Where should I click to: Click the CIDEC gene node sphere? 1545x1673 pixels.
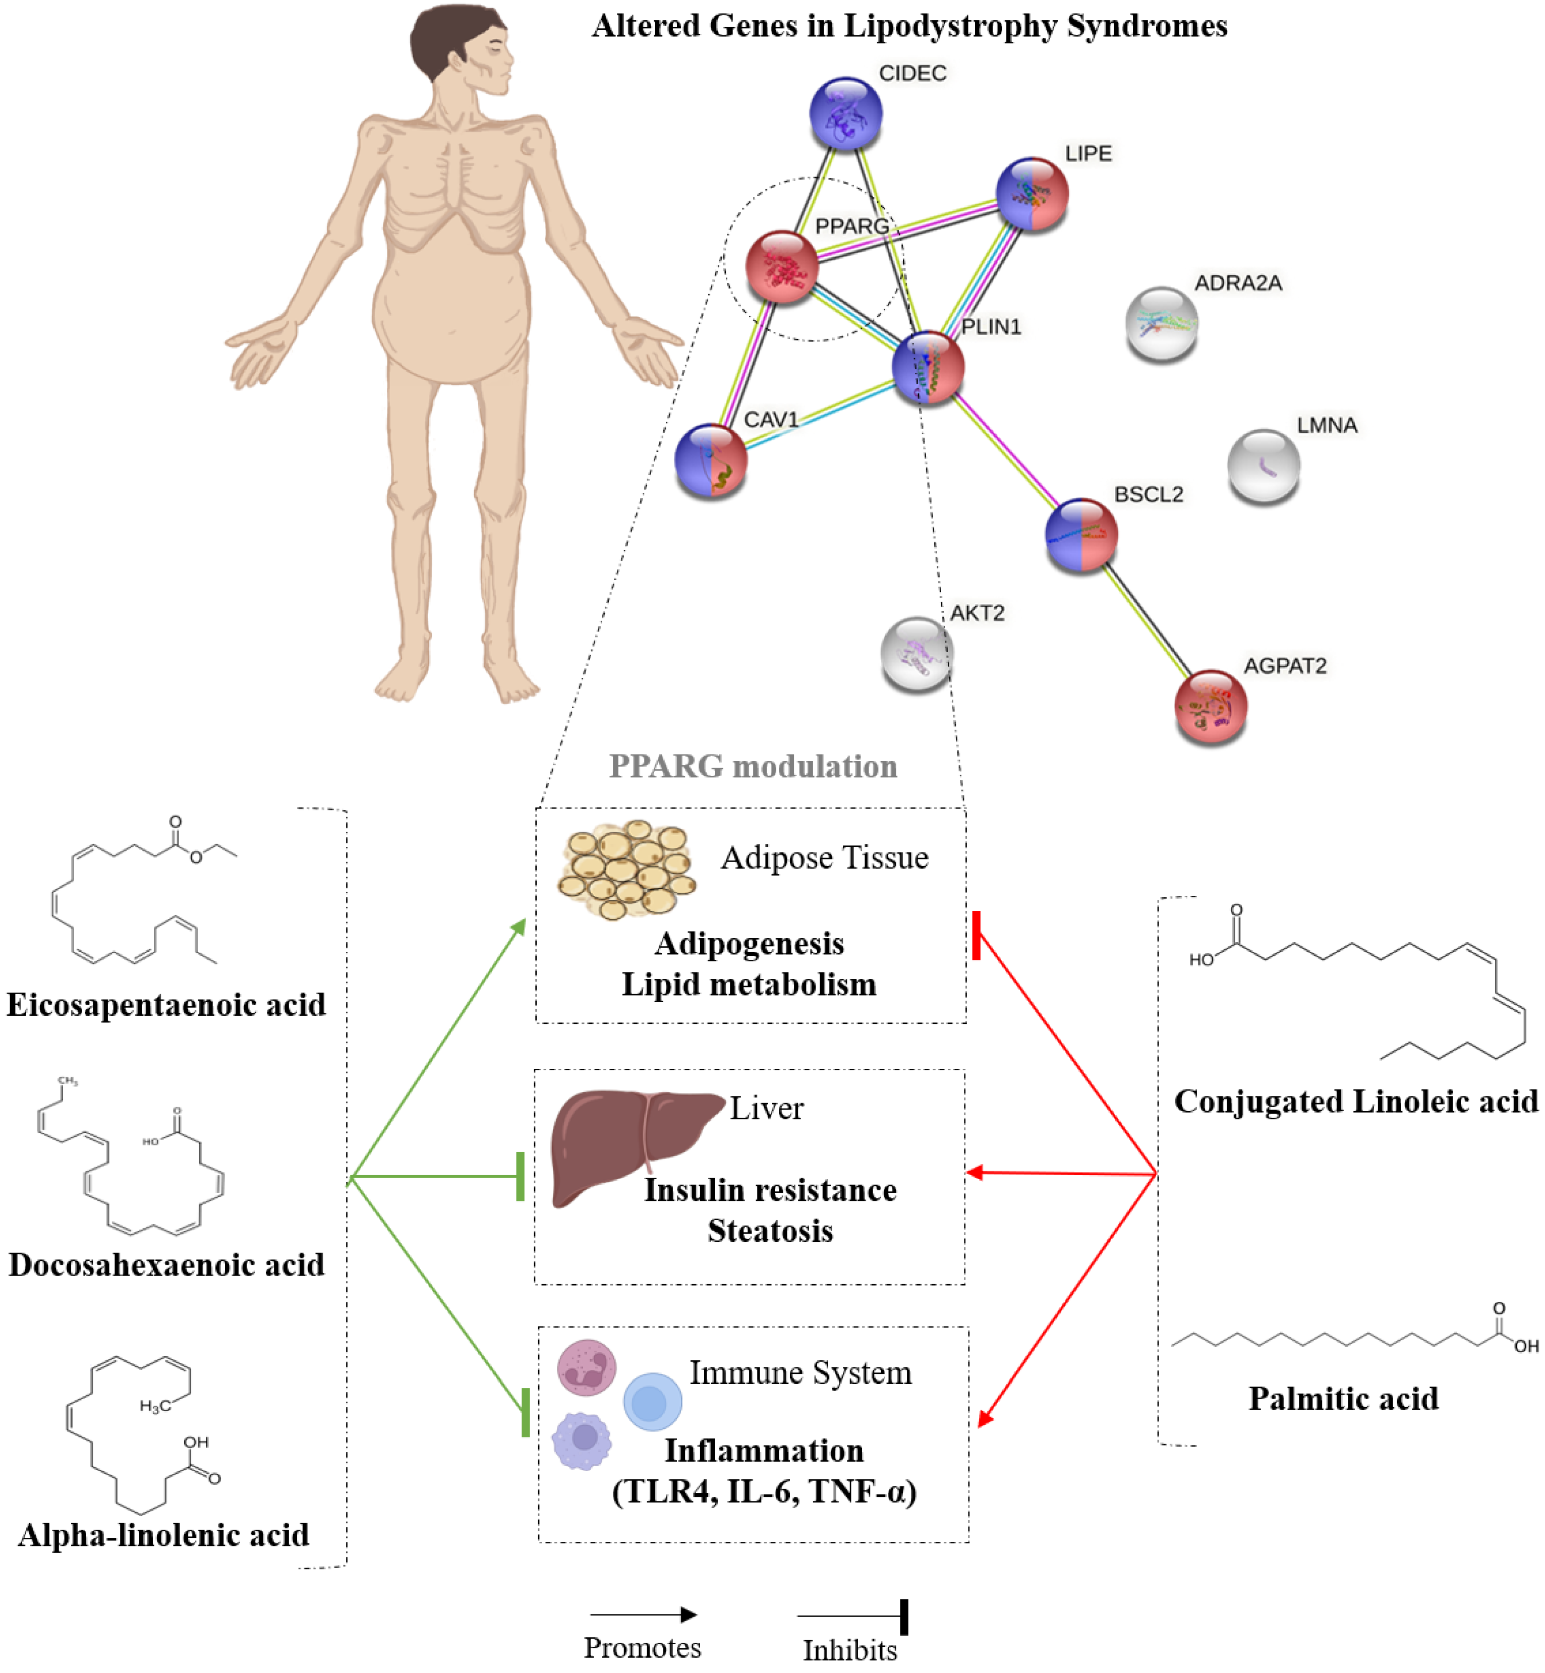[x=845, y=113]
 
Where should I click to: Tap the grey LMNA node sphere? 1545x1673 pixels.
[x=1263, y=466]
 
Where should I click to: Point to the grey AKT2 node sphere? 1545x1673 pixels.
[x=917, y=654]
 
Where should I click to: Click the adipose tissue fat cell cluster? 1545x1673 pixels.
[x=627, y=870]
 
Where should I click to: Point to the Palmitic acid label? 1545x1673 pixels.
[x=1344, y=1399]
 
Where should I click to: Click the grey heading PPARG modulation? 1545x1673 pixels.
[x=753, y=766]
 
